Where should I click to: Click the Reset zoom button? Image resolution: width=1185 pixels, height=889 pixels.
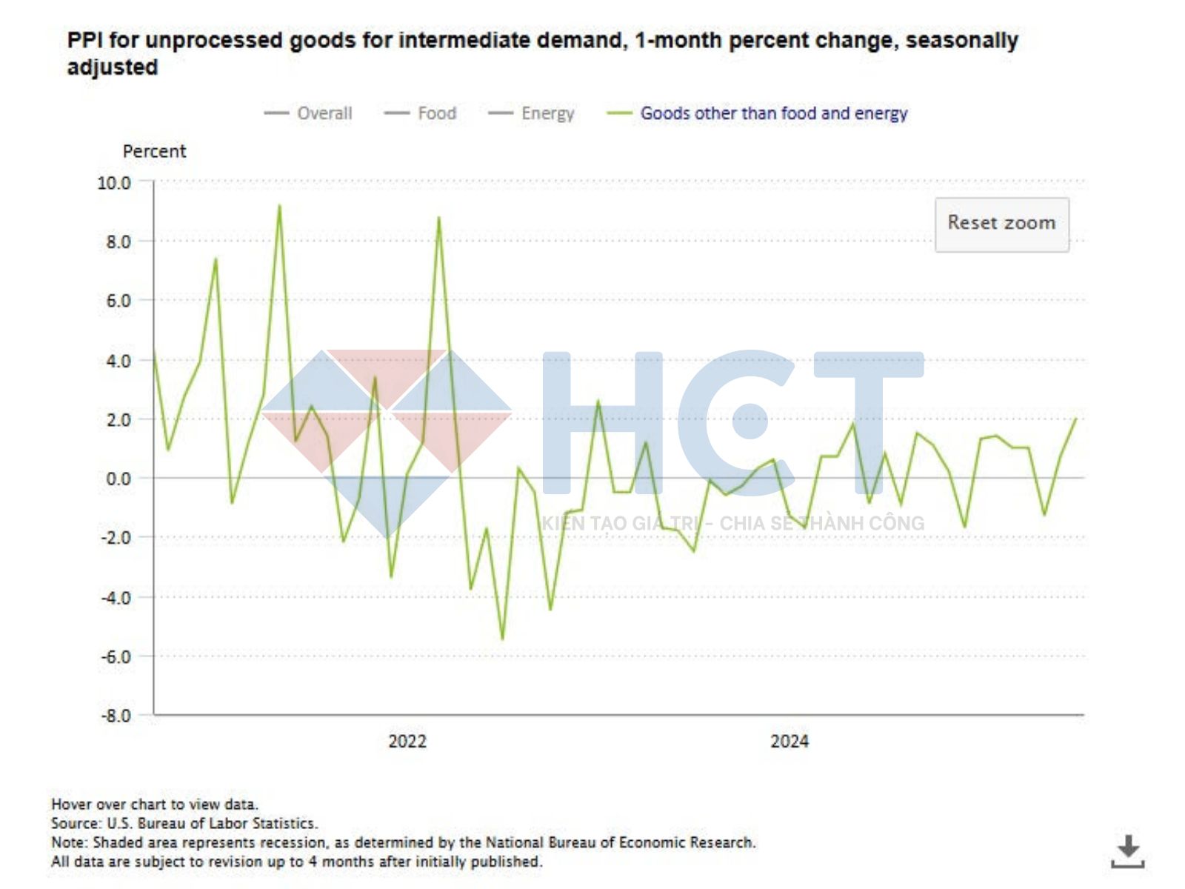[1001, 224]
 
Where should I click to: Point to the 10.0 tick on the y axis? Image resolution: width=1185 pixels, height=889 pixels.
[114, 182]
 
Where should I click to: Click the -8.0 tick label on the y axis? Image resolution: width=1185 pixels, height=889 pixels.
[116, 716]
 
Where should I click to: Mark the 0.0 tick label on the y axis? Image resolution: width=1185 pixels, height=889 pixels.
[118, 479]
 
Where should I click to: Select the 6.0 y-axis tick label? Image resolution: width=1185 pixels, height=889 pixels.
[118, 301]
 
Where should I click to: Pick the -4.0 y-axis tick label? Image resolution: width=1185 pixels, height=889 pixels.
[116, 597]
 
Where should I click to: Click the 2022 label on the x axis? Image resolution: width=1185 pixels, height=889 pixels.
[407, 742]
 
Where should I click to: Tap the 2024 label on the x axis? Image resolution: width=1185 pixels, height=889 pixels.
[790, 742]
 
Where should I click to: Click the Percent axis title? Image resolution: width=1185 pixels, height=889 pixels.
[154, 151]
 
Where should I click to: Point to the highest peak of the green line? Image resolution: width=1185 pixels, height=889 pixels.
[279, 206]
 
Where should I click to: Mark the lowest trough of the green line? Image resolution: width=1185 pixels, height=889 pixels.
[502, 639]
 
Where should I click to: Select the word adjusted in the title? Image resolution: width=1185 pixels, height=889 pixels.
[113, 67]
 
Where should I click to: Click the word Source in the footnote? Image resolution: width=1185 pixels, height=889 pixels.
[75, 823]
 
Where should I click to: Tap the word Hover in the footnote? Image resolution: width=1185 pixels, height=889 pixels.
[71, 804]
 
